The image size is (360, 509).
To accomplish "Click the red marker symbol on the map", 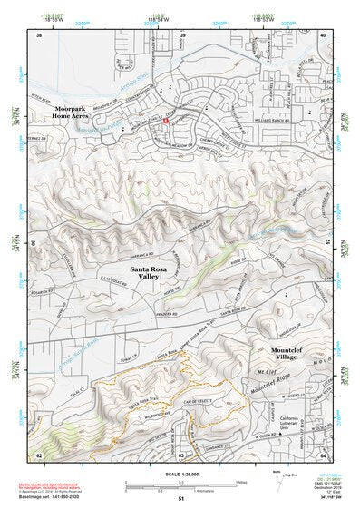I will [x=167, y=120].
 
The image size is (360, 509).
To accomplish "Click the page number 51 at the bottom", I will [x=180, y=498].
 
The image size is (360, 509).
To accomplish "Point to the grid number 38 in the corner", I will [x=39, y=35].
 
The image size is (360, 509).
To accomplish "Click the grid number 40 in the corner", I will [x=323, y=35].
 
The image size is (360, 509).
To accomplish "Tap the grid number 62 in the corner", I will [x=39, y=454].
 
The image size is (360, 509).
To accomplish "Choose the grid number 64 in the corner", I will [x=323, y=454].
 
